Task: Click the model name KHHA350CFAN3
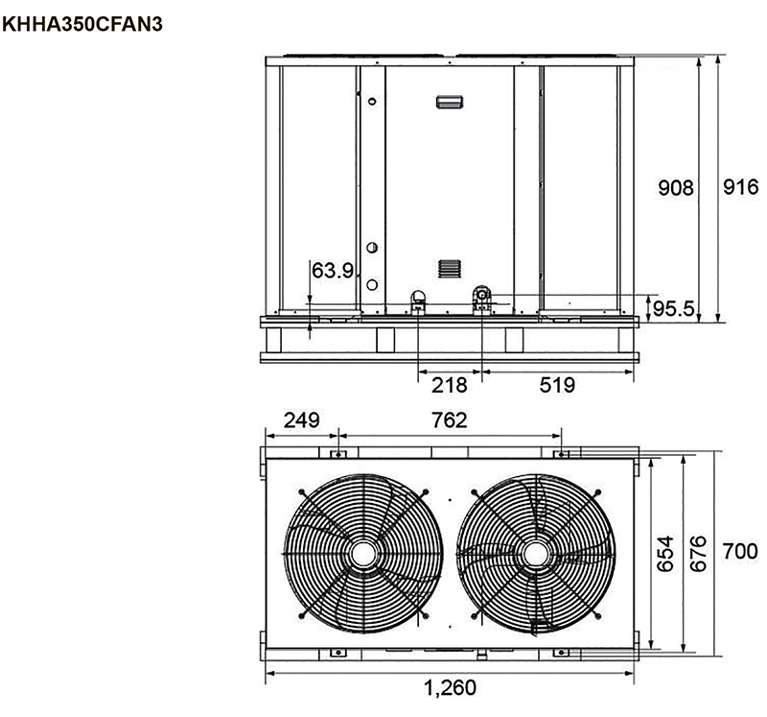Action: point(82,24)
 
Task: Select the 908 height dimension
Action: point(676,187)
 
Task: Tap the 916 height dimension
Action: point(740,187)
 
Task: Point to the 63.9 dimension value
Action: point(332,271)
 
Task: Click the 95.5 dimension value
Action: point(674,308)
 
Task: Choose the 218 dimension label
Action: point(449,386)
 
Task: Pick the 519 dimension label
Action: point(557,386)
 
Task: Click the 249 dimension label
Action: point(302,420)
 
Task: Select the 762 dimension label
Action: point(449,420)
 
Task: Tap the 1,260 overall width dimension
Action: point(450,688)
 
